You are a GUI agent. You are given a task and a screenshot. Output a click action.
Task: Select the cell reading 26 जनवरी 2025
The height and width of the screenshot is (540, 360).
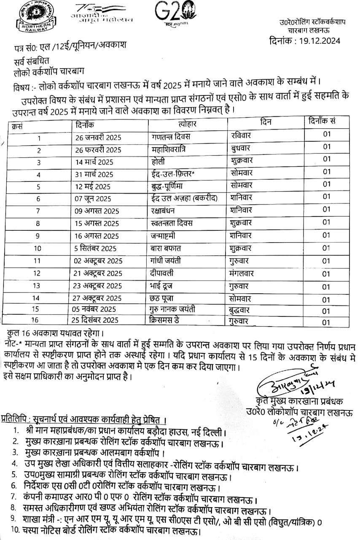97,138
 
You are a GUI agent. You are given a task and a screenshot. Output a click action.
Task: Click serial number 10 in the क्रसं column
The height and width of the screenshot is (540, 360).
37,248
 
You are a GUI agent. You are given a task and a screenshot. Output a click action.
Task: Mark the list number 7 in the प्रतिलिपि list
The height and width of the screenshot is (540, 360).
15,495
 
